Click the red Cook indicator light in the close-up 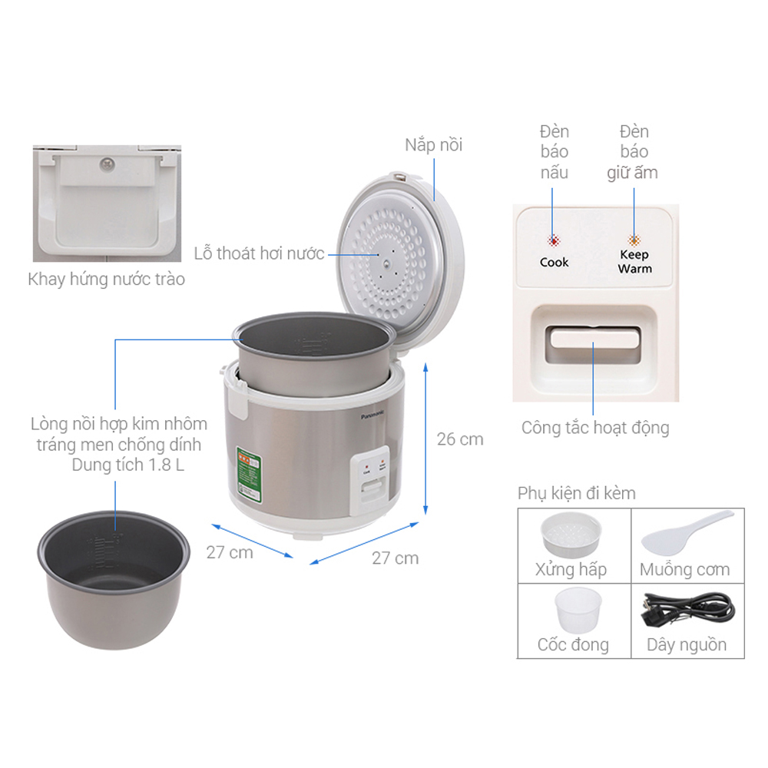[x=553, y=240]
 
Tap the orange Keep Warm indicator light [x=634, y=240]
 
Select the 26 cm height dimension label [x=460, y=439]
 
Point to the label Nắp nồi [x=434, y=144]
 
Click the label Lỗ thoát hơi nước [x=260, y=253]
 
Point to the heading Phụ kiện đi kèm [x=577, y=492]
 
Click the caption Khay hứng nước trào [x=107, y=278]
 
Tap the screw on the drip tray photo [x=106, y=163]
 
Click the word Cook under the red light [x=554, y=262]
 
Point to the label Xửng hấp [x=571, y=569]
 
